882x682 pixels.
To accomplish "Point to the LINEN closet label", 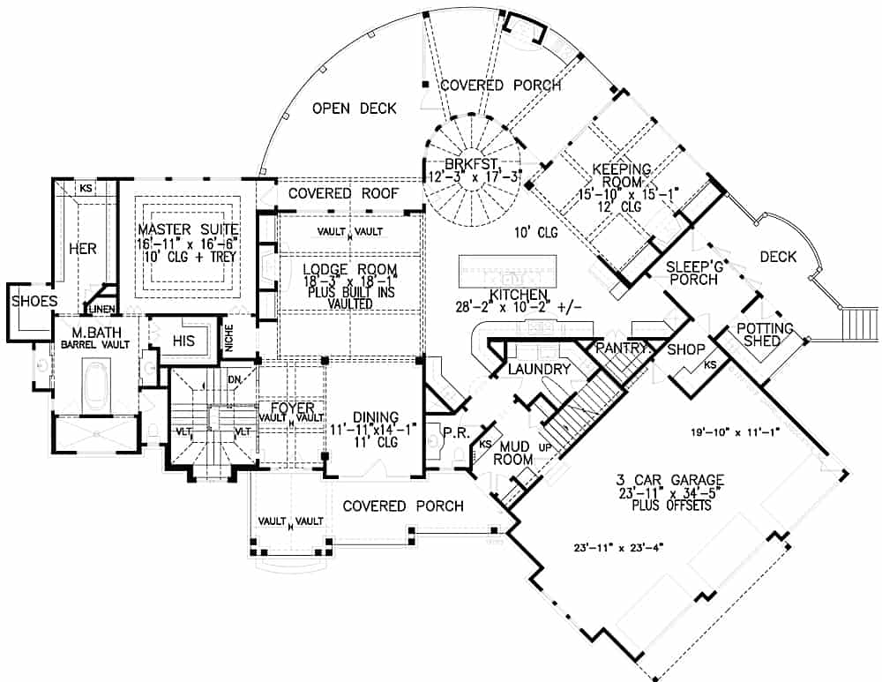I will pyautogui.click(x=98, y=308).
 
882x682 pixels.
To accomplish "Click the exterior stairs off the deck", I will pyautogui.click(x=857, y=323).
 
